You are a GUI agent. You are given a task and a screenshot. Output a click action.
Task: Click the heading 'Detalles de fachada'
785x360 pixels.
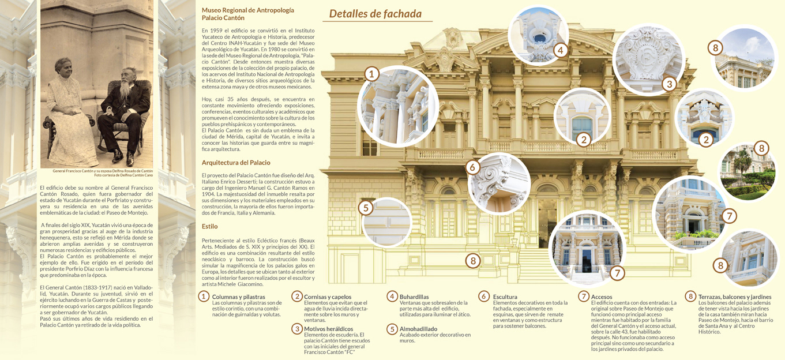375,14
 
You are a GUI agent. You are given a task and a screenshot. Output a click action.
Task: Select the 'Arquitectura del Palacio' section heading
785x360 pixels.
236,163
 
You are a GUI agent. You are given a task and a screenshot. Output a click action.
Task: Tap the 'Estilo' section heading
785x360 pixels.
209,227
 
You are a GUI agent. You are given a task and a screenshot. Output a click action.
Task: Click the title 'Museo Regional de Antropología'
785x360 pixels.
248,10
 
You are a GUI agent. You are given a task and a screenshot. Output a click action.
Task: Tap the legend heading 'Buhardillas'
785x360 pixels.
414,297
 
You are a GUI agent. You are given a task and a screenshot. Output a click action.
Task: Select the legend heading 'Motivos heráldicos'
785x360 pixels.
328,329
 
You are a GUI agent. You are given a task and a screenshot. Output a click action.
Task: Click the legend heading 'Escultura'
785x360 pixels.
505,297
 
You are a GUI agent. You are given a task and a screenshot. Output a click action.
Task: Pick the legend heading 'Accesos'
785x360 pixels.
602,297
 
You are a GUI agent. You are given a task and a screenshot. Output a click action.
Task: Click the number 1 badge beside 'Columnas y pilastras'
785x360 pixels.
204,297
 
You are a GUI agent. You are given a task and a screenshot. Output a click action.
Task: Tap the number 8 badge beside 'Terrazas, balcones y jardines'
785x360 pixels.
690,297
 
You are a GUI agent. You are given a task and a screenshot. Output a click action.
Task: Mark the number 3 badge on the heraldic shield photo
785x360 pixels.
669,84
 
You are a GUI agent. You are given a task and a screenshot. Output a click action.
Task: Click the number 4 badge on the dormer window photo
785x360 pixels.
561,50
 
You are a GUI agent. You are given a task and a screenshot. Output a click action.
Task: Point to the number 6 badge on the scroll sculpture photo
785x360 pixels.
472,167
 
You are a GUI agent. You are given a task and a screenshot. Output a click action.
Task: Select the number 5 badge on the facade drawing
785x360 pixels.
366,208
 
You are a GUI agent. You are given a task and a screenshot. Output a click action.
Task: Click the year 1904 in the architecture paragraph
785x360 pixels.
208,194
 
